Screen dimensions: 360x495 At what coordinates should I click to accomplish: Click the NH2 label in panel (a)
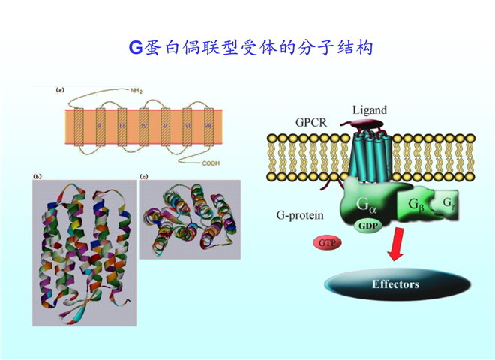click(x=136, y=91)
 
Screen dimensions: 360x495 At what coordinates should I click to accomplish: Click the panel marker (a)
click(x=60, y=90)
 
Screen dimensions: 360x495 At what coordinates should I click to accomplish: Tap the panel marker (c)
click(x=144, y=176)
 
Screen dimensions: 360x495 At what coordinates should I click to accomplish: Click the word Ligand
click(x=370, y=110)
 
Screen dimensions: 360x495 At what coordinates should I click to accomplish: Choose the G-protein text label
click(x=299, y=216)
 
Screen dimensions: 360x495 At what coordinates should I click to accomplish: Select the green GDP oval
click(x=368, y=225)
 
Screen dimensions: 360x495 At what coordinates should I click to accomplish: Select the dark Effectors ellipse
click(x=394, y=285)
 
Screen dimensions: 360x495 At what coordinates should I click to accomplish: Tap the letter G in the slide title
click(x=136, y=48)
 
